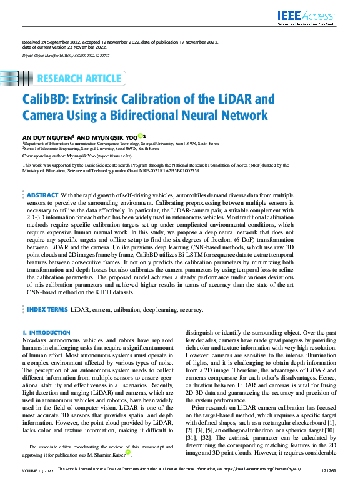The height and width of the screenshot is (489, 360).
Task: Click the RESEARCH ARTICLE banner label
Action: pyautogui.click(x=79, y=79)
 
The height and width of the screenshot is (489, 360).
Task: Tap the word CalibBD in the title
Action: pyautogui.click(x=46, y=99)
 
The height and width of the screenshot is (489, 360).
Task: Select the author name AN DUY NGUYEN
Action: pyautogui.click(x=47, y=136)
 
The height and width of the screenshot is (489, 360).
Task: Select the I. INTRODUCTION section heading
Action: pyautogui.click(x=46, y=333)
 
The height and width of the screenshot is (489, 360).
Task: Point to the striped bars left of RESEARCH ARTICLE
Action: pyautogui.click(x=26, y=79)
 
